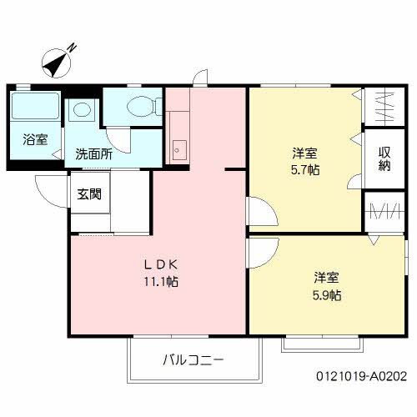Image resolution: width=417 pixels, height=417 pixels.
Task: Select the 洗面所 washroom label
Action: click(93, 153)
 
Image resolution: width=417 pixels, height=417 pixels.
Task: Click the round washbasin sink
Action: click(81, 110)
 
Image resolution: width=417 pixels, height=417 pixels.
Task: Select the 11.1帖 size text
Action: click(158, 281)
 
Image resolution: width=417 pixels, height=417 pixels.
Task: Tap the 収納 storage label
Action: click(384, 159)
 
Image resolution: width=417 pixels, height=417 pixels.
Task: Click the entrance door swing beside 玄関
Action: click(50, 189)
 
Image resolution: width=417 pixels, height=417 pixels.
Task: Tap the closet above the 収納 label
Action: click(384, 108)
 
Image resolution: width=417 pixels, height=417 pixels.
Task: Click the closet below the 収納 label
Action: click(384, 210)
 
